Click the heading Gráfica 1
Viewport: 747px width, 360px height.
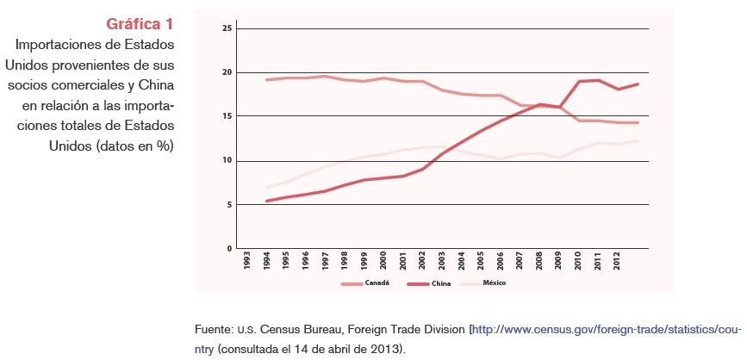click(140, 23)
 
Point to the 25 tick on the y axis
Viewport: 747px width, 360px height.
click(227, 28)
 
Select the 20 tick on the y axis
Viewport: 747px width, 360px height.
click(227, 72)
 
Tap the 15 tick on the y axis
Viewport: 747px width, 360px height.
click(227, 116)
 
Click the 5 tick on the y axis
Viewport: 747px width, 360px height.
click(229, 204)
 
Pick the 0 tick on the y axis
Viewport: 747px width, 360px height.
click(229, 248)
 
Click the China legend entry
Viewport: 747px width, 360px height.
click(441, 282)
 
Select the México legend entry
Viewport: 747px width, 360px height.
click(494, 282)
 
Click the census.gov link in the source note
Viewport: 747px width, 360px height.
click(604, 329)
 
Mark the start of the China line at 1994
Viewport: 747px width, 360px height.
click(267, 201)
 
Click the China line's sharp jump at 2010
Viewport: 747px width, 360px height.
click(578, 82)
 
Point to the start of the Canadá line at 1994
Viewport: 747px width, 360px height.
click(267, 80)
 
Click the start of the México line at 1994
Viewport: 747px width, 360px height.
click(267, 187)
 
